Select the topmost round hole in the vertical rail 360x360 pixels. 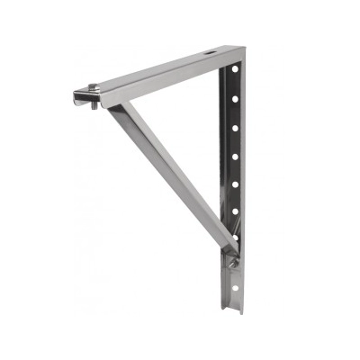237,69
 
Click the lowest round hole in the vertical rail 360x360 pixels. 236,286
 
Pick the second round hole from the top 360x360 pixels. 236,96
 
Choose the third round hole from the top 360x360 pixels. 236,128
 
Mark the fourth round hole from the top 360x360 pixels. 236,157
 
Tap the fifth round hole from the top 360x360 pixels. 236,184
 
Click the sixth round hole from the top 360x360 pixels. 236,212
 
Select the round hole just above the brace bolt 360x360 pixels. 236,238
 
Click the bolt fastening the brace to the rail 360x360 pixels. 233,262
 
